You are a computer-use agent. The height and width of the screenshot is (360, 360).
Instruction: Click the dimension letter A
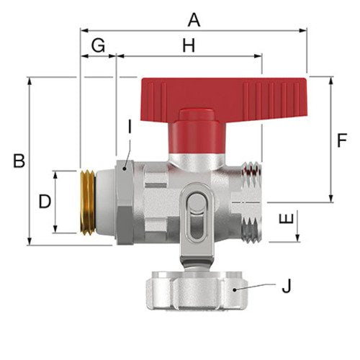[194, 20]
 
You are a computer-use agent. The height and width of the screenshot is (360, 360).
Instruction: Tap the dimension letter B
[19, 161]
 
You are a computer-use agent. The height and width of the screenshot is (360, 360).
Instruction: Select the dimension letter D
[45, 202]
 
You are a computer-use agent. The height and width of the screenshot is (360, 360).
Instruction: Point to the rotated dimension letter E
[287, 219]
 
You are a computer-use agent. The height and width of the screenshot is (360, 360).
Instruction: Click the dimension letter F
[342, 140]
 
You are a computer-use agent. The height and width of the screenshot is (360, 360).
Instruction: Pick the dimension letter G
[98, 45]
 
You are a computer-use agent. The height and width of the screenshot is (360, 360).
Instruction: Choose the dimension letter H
[189, 45]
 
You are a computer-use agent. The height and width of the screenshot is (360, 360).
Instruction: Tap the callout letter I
[130, 127]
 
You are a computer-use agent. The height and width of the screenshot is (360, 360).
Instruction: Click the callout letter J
[287, 286]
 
